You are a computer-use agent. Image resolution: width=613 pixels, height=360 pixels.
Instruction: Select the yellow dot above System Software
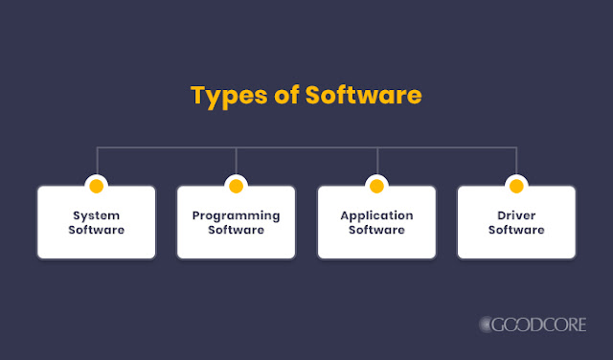tap(96, 184)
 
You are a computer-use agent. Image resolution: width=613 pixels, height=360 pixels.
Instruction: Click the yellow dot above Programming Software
tap(236, 184)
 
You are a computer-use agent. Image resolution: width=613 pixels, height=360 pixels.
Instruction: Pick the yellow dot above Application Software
tap(376, 184)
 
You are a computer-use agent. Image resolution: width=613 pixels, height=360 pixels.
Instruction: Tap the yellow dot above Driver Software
tap(516, 184)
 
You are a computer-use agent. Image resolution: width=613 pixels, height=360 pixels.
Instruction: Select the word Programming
tap(236, 215)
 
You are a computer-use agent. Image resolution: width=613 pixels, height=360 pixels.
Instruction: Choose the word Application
tap(376, 215)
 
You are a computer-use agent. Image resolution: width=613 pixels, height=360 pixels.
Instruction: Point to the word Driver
tap(516, 215)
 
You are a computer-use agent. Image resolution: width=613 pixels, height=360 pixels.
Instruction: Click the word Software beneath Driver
tap(516, 230)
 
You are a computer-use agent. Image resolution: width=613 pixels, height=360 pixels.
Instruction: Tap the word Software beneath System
tap(96, 230)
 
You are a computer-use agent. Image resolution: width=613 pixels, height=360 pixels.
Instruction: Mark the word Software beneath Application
tap(376, 230)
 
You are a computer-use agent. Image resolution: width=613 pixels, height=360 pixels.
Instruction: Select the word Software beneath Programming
tap(236, 230)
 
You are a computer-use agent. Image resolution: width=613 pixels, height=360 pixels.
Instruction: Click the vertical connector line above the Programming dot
tap(236, 161)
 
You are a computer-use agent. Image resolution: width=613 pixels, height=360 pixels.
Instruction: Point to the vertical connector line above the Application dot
tap(376, 161)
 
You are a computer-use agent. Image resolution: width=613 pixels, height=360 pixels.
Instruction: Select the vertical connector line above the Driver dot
tap(516, 161)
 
